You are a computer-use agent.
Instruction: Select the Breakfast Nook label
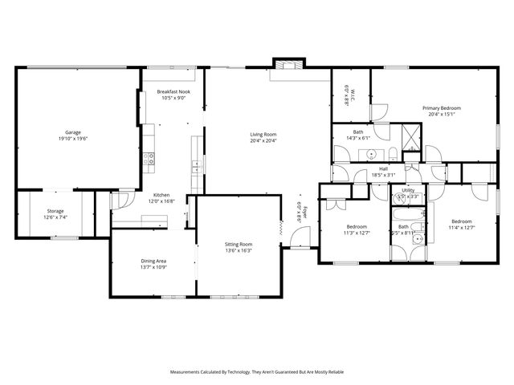pyautogui.click(x=173, y=92)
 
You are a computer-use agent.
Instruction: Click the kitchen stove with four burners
pyautogui.click(x=149, y=159)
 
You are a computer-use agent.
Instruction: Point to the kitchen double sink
pyautogui.click(x=195, y=167)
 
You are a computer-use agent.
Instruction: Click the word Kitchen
pyautogui.click(x=162, y=195)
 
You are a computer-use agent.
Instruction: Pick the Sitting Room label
pyautogui.click(x=239, y=244)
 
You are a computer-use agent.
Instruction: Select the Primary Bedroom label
pyautogui.click(x=443, y=107)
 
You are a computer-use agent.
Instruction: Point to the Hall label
pyautogui.click(x=384, y=168)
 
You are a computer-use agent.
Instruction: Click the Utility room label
pyautogui.click(x=409, y=190)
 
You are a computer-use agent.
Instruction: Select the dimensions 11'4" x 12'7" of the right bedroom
pyautogui.click(x=463, y=228)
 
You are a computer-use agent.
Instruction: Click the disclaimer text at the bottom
pyautogui.click(x=256, y=371)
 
